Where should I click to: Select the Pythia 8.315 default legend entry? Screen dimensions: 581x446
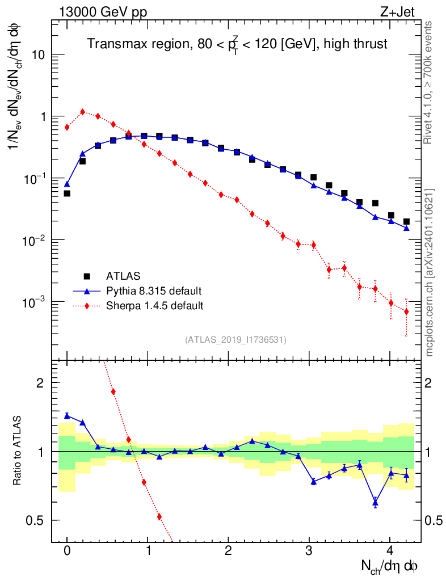[154, 291]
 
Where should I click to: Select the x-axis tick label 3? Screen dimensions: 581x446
[309, 550]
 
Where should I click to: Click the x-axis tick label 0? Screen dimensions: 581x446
[67, 550]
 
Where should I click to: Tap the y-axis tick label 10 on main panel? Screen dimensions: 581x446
[37, 55]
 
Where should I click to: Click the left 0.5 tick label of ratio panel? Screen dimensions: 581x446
[37, 520]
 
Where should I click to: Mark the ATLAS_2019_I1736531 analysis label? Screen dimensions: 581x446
[235, 339]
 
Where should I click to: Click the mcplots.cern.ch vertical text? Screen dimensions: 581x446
[430, 272]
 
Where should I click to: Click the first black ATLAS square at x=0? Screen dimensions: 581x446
[67, 193]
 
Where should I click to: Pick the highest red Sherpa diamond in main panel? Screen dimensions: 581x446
[83, 112]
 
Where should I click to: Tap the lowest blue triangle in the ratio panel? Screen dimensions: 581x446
[375, 502]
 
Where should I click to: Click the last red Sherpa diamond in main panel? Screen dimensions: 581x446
[406, 311]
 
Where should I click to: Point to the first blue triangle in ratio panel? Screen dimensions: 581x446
[67, 416]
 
